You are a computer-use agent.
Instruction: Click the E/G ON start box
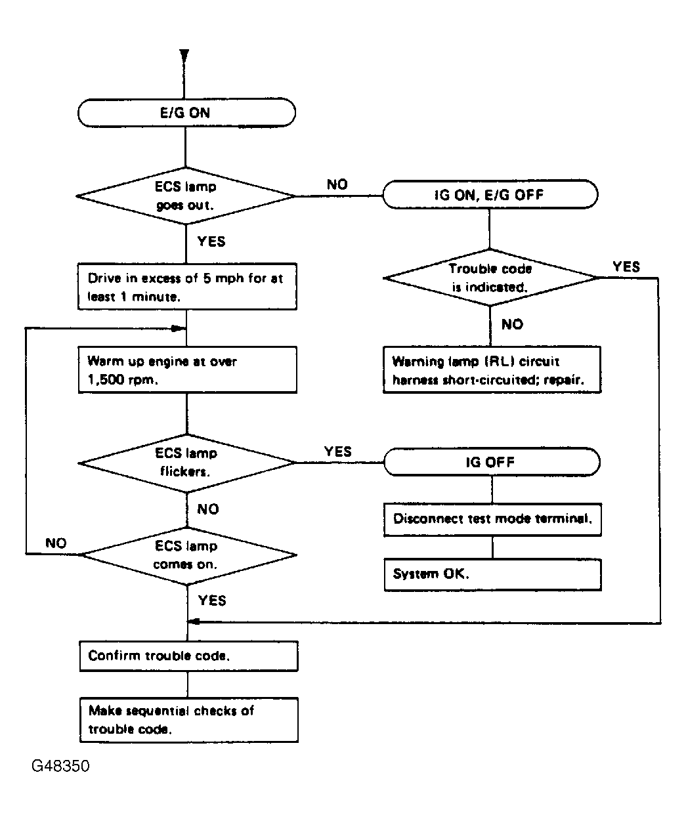(x=186, y=112)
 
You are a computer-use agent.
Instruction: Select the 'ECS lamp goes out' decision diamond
(x=186, y=196)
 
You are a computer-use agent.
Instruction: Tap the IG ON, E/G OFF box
(x=490, y=195)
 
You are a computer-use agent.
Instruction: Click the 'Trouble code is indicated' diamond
(x=490, y=278)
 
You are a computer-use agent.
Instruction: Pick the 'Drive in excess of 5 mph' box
(x=186, y=287)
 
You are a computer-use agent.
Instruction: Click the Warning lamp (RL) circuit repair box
(x=492, y=371)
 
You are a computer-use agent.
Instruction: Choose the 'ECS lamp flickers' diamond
(x=186, y=462)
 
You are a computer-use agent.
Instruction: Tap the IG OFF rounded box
(x=491, y=462)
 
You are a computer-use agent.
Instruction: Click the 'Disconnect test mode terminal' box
(x=492, y=518)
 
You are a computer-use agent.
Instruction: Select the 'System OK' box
(x=492, y=574)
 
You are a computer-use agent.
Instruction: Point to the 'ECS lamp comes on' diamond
(x=186, y=555)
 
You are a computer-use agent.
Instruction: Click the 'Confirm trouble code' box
(x=188, y=656)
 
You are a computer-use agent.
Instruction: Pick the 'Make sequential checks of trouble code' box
(x=188, y=720)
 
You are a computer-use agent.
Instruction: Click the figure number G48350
(x=60, y=766)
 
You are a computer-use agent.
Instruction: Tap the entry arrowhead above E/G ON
(x=185, y=56)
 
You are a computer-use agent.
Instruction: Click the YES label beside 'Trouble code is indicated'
(x=626, y=266)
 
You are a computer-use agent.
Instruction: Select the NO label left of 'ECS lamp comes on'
(x=56, y=543)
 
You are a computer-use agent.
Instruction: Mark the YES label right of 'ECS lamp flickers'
(x=337, y=452)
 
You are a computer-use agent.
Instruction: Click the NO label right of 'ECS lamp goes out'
(x=337, y=184)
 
